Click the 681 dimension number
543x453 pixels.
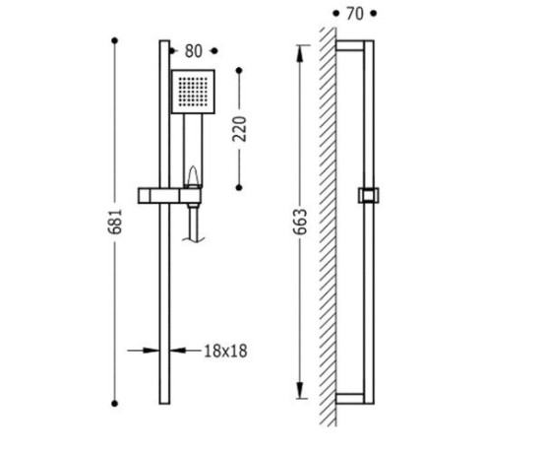pyautogui.click(x=115, y=222)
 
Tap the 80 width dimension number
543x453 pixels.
pyautogui.click(x=193, y=51)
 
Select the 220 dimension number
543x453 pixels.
pyautogui.click(x=239, y=129)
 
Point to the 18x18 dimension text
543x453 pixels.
pyautogui.click(x=225, y=351)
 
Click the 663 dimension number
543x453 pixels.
pyautogui.click(x=300, y=222)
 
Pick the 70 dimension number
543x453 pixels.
pyautogui.click(x=354, y=14)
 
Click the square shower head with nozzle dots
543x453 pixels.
pyautogui.click(x=193, y=92)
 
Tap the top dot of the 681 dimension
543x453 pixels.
pyautogui.click(x=115, y=41)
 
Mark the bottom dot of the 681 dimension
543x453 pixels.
pyautogui.click(x=115, y=404)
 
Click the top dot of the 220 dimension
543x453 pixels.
pyautogui.click(x=239, y=71)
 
